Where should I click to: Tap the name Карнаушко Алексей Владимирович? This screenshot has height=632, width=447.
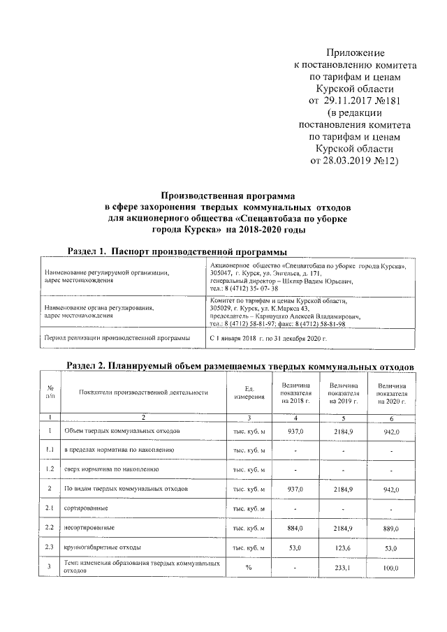click(307, 315)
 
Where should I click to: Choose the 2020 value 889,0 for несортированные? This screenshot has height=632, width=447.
click(392, 529)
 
